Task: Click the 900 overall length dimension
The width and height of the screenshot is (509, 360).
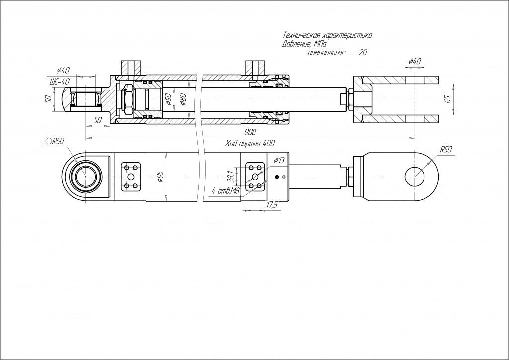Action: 251,132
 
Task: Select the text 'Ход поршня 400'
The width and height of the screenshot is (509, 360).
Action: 250,143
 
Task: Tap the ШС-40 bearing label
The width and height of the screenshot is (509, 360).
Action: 59,82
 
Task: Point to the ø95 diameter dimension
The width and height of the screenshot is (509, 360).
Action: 161,177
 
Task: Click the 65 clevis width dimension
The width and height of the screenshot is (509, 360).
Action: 448,99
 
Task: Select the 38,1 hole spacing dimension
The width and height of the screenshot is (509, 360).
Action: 230,176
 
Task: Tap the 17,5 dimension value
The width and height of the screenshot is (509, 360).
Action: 271,204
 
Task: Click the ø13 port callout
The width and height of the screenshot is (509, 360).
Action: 279,160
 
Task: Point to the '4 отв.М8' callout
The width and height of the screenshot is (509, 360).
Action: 223,190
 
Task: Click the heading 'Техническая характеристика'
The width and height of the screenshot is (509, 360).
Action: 327,36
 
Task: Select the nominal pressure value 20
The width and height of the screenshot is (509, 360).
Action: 362,52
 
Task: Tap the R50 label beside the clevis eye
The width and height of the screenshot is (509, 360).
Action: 445,149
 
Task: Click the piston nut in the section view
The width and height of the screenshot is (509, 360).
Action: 127,99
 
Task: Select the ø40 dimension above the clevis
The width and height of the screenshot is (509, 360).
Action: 414,61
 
